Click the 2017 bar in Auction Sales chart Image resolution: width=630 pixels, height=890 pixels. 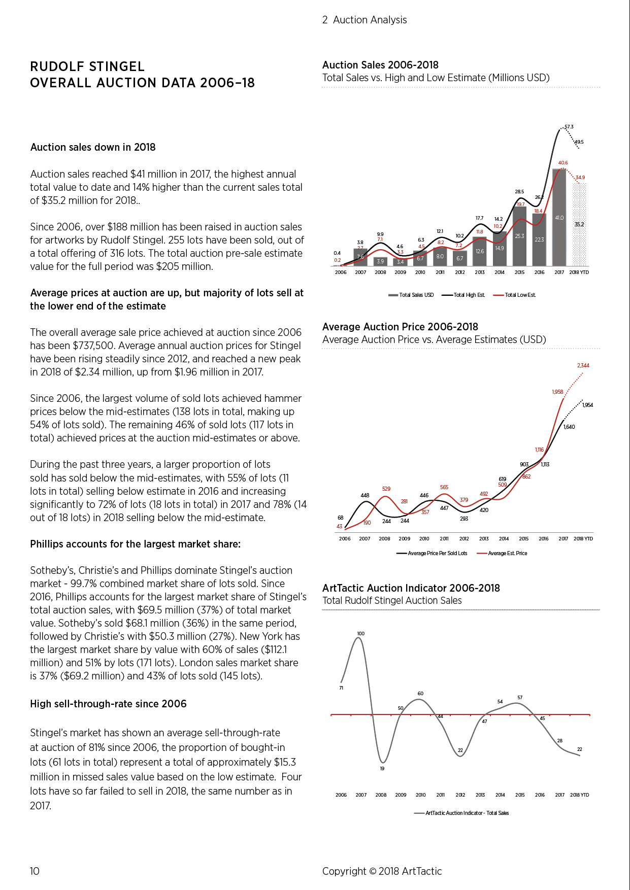click(559, 217)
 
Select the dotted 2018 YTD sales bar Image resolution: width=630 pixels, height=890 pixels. click(579, 224)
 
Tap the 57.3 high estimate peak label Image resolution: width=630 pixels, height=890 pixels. click(569, 127)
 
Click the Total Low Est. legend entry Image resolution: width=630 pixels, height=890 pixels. click(514, 295)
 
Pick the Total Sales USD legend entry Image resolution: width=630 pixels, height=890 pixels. click(411, 295)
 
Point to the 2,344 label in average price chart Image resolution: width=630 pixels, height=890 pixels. click(583, 365)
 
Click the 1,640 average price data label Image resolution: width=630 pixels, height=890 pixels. click(570, 427)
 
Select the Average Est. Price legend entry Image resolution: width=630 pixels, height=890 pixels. click(502, 553)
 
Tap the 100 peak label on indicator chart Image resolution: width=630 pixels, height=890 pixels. click(360, 634)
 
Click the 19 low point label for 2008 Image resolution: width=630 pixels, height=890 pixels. click(382, 768)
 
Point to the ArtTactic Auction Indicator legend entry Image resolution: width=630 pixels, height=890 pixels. click(461, 813)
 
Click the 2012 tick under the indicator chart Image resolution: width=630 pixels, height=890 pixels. click(460, 795)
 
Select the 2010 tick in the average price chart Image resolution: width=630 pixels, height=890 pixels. click(424, 538)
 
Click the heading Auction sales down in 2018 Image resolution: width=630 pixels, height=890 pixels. click(93, 147)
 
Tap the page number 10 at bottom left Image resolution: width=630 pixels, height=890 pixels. click(35, 871)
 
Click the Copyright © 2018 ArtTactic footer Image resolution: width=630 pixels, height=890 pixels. click(382, 871)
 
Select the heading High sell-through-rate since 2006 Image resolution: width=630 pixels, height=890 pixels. click(108, 704)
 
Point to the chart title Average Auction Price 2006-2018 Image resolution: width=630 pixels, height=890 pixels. click(400, 327)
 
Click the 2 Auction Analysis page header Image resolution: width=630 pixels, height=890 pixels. click(364, 20)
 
